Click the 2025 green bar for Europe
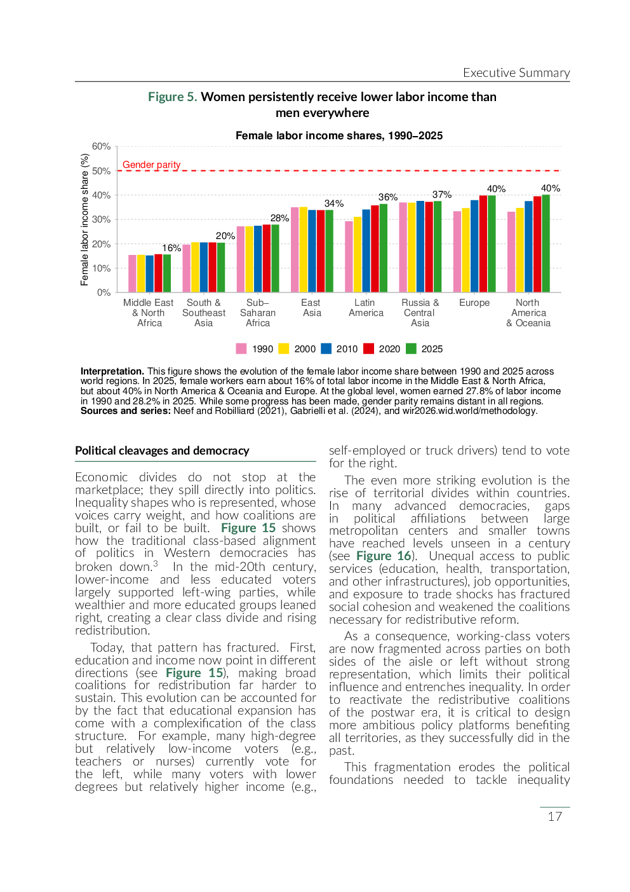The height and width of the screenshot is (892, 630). (492, 244)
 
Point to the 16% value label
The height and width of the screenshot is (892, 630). (171, 248)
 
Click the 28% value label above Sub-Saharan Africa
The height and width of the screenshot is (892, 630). (279, 218)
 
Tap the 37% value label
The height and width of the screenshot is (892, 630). (442, 195)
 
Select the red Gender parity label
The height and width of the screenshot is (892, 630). (151, 165)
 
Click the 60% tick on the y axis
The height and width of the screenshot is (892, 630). (101, 146)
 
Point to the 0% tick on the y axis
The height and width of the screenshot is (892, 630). (104, 292)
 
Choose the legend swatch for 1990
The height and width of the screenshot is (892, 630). (241, 348)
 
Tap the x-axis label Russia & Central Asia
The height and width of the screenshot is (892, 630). (420, 313)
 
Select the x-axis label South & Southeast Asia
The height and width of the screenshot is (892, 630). (204, 313)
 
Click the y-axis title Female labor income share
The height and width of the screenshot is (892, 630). (84, 220)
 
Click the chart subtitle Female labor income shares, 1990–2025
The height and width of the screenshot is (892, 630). (339, 135)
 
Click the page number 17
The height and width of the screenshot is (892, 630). (554, 816)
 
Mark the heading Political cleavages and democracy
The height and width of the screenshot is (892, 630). (162, 451)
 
